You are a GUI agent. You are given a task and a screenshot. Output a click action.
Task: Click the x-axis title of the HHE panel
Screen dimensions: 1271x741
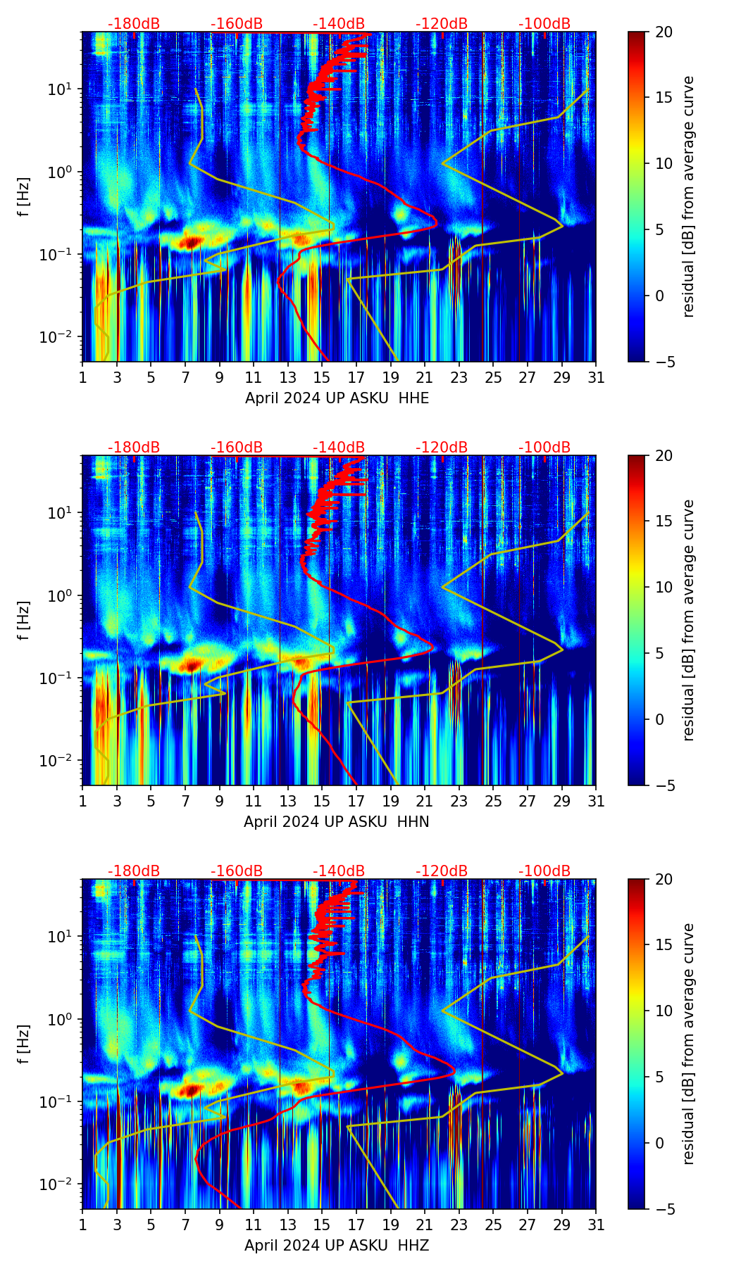click(x=337, y=398)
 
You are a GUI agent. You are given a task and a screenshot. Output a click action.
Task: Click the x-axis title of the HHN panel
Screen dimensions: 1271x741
click(x=337, y=822)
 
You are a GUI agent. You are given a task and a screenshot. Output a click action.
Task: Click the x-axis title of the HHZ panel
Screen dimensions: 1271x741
click(x=337, y=1246)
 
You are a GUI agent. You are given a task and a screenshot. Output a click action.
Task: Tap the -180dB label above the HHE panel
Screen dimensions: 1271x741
click(x=134, y=24)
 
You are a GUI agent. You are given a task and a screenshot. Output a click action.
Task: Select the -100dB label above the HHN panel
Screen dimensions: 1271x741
click(x=544, y=448)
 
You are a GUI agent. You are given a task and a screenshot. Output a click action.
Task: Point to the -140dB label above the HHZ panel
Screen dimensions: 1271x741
click(x=339, y=871)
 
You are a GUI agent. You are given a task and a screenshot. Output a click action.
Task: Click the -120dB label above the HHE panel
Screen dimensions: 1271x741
click(x=442, y=24)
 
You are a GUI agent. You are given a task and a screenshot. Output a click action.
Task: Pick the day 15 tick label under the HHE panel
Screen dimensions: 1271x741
click(x=322, y=378)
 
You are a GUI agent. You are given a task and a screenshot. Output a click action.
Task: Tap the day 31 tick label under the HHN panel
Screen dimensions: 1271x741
click(x=596, y=802)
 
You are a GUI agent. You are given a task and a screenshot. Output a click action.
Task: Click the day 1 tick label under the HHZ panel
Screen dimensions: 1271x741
click(x=83, y=1225)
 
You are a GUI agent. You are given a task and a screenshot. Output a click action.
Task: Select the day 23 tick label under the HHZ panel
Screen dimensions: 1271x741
click(x=459, y=1225)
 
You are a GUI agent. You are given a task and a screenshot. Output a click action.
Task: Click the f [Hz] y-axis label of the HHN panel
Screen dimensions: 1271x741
click(x=24, y=620)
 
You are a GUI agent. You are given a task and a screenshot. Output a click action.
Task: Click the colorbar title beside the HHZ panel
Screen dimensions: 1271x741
click(x=688, y=1044)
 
